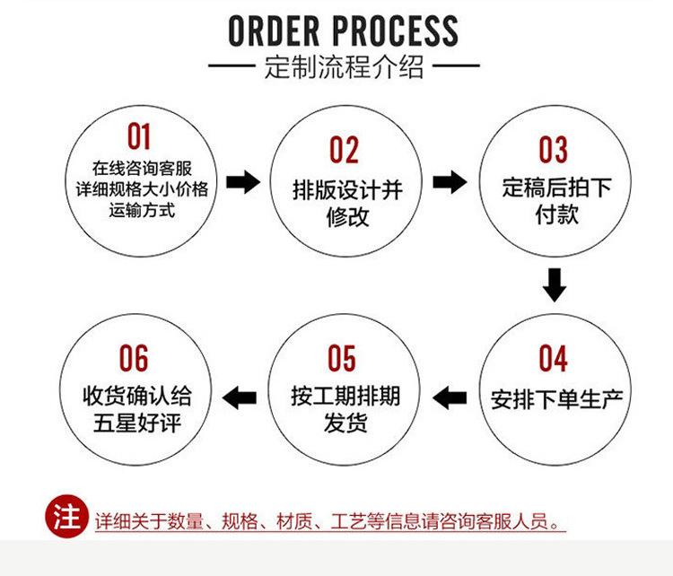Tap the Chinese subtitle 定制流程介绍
point(344,67)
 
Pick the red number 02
point(344,151)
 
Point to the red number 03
point(553,150)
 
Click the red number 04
point(553,358)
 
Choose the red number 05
point(342,358)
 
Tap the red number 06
point(134,358)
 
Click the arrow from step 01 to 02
point(242,183)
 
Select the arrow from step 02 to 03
point(450,183)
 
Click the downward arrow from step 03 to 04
point(555,284)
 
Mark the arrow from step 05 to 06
point(239,396)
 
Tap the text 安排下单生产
point(556,397)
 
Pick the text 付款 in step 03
point(556,214)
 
